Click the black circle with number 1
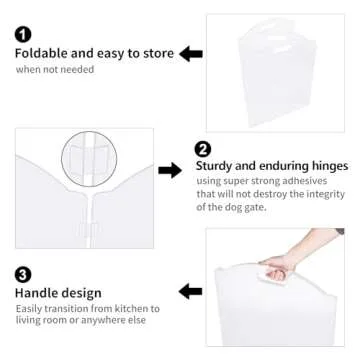point(22,34)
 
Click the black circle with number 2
point(203,148)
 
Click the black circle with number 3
point(22,273)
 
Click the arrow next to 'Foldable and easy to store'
point(191,53)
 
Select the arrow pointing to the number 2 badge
point(170,171)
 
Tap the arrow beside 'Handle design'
point(190,292)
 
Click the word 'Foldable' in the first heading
point(43,53)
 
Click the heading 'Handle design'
point(57,293)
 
